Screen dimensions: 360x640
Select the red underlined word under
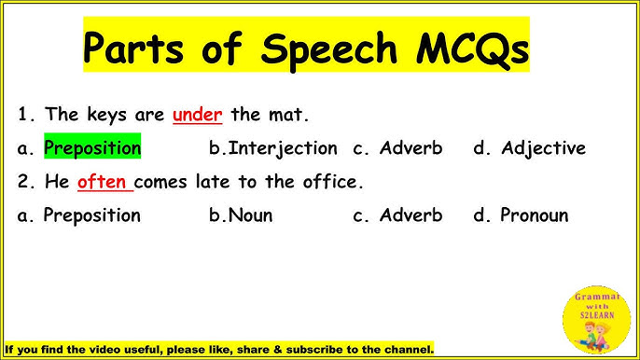pyautogui.click(x=197, y=116)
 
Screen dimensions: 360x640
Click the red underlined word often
pyautogui.click(x=102, y=181)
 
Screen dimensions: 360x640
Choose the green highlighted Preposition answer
pyautogui.click(x=92, y=147)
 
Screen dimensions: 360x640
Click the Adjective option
pyautogui.click(x=543, y=147)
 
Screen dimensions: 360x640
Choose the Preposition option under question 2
pyautogui.click(x=92, y=215)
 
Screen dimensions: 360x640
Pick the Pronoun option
pyautogui.click(x=534, y=215)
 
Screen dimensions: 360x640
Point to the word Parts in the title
pyautogui.click(x=138, y=47)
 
